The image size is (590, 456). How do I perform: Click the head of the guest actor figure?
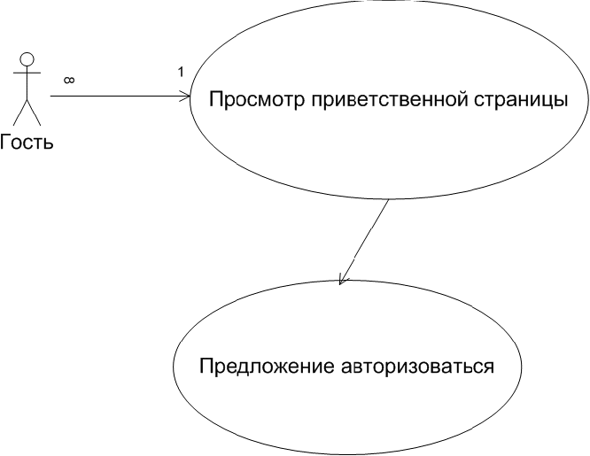pos(27,59)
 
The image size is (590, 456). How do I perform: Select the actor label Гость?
pos(27,142)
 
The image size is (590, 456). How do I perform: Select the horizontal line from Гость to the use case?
pos(115,96)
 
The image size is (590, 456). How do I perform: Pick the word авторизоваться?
pos(416,366)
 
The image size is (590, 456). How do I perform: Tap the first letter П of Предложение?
pos(206,366)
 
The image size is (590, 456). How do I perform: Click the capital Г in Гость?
pos(5,142)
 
